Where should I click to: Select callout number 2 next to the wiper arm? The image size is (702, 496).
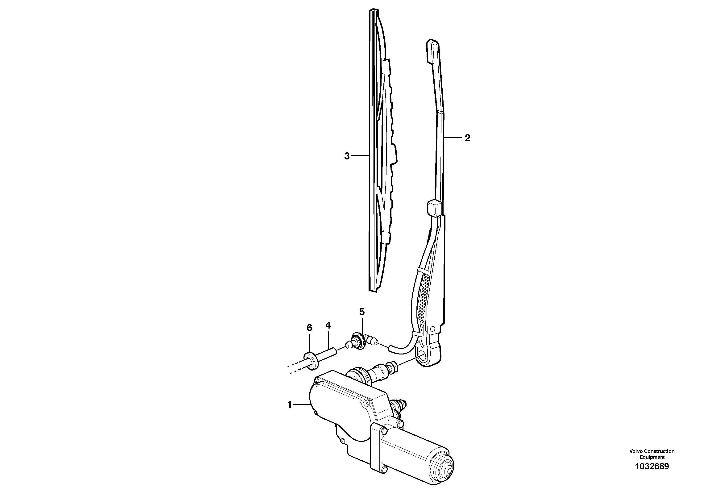pos(467,138)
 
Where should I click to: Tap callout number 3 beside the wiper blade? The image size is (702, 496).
pos(347,156)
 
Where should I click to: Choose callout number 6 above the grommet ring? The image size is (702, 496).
pos(309,328)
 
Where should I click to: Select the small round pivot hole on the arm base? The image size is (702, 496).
pos(432,329)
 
